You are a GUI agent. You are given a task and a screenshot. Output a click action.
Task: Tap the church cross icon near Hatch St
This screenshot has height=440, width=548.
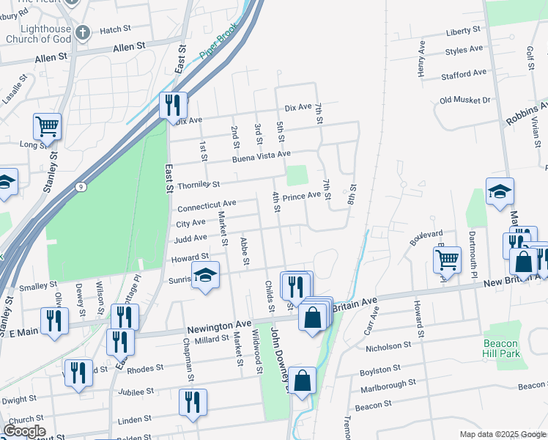[x=82, y=32]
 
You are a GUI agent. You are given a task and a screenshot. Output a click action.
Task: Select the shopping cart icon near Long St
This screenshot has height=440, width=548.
[x=47, y=126]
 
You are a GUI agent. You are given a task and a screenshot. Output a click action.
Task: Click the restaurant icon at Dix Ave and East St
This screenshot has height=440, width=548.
[x=174, y=106]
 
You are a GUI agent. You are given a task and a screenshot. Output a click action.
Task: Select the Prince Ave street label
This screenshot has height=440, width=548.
[x=302, y=197]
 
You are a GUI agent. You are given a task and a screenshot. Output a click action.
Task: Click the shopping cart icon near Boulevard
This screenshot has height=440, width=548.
[x=447, y=259]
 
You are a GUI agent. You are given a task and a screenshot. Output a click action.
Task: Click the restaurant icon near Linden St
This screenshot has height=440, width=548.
[x=193, y=402]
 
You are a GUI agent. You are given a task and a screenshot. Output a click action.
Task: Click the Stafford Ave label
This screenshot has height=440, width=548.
[x=464, y=74]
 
